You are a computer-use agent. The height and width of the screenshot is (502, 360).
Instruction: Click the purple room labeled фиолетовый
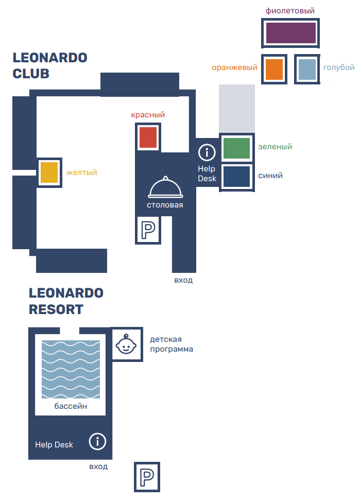click(x=290, y=33)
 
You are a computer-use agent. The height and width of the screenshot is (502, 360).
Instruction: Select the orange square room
click(x=274, y=69)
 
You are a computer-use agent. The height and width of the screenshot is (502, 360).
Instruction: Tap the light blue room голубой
click(x=307, y=69)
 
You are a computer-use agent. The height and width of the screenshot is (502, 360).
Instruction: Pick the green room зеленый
click(x=236, y=148)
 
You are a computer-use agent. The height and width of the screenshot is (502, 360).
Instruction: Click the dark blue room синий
click(x=236, y=177)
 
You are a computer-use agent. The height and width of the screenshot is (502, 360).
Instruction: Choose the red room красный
click(x=148, y=137)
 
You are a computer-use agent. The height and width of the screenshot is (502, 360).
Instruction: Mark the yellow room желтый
click(x=49, y=172)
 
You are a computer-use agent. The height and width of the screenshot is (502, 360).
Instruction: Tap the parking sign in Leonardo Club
click(x=148, y=230)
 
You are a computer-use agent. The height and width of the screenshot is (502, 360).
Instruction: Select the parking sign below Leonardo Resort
click(x=147, y=477)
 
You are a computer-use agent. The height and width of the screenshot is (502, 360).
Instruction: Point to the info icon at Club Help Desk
click(x=207, y=152)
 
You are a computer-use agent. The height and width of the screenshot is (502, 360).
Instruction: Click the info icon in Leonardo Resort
click(x=97, y=442)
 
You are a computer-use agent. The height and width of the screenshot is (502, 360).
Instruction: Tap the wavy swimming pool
click(x=71, y=370)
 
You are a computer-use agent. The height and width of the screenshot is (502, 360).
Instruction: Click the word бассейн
click(x=71, y=407)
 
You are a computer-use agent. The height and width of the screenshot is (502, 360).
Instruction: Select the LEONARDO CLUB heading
click(x=50, y=65)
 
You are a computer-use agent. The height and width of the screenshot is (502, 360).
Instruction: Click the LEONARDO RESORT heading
click(x=66, y=301)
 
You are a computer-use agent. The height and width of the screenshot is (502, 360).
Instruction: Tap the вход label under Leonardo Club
click(x=183, y=280)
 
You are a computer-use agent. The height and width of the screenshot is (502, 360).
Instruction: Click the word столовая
click(x=165, y=205)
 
